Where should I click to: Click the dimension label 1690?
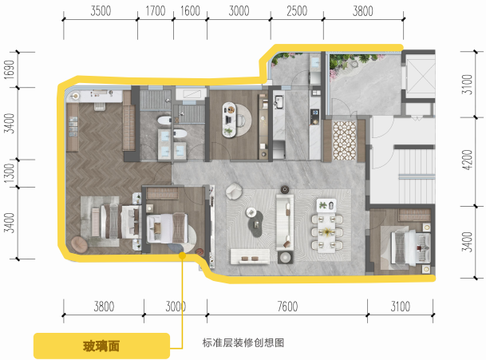[10, 69]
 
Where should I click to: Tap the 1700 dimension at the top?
[156, 11]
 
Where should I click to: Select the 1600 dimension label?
[190, 11]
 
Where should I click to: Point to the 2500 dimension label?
[297, 11]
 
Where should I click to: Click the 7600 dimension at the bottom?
[287, 307]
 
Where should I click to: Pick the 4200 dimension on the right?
[467, 160]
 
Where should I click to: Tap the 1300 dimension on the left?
[10, 173]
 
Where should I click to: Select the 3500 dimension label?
[101, 11]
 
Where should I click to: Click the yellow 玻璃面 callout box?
[101, 346]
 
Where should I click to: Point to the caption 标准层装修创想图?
[243, 342]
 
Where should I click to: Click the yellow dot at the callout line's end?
[182, 255]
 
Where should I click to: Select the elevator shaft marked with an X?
[420, 76]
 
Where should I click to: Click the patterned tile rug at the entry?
[345, 140]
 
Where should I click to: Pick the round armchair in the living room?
[234, 191]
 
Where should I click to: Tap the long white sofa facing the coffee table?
[285, 222]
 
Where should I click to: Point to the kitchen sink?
[279, 102]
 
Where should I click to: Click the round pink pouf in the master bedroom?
[80, 244]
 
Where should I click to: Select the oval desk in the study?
[229, 120]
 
